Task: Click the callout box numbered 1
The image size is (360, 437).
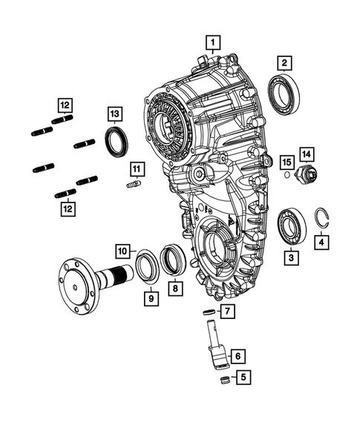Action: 214,42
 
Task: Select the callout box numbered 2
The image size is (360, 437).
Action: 285,63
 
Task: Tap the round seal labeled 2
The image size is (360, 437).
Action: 284,94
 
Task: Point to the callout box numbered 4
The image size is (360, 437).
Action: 321,241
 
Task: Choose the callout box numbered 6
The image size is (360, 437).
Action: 238,356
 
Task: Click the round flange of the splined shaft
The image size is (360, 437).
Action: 75,280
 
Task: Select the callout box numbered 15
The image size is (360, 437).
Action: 286,160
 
